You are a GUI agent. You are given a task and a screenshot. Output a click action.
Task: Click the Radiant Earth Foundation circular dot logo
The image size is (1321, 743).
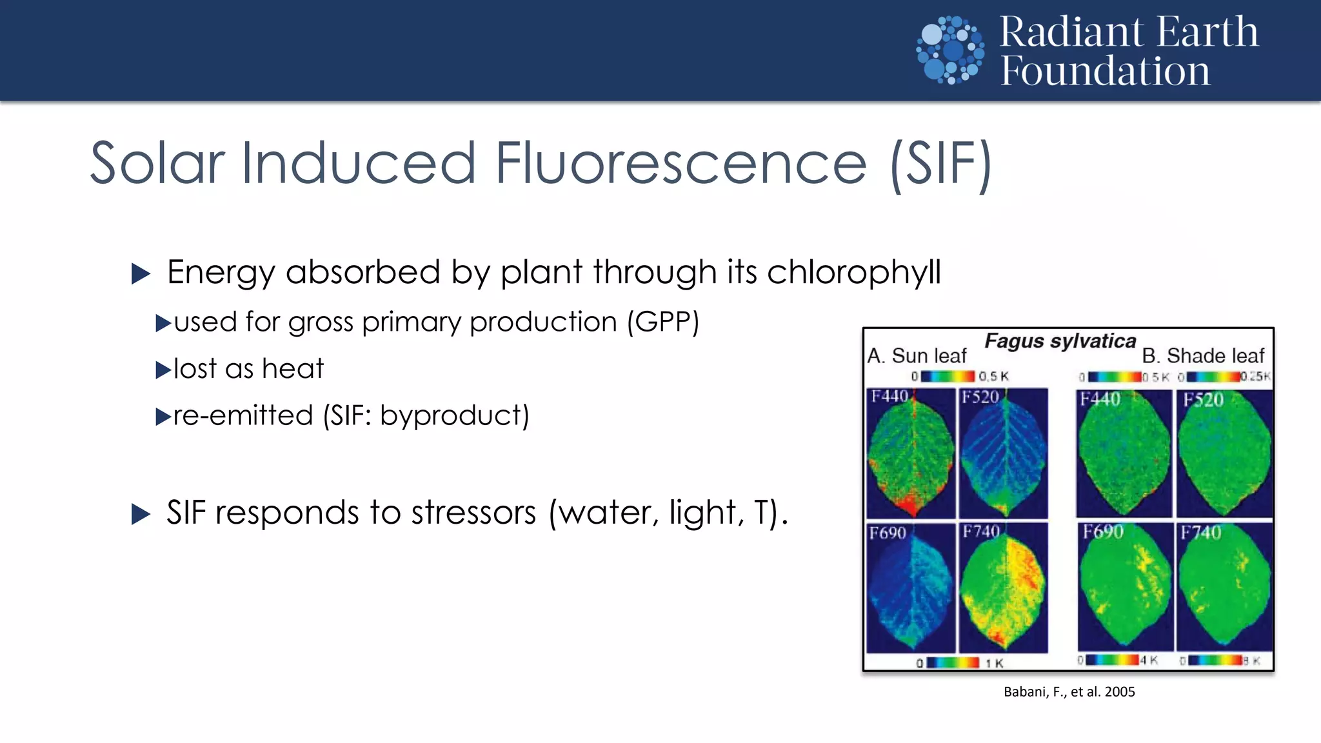click(950, 50)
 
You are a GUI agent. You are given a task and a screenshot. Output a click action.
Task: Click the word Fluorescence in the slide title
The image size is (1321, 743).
click(680, 163)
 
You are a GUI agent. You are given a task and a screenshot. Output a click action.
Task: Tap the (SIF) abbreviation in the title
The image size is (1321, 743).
click(940, 164)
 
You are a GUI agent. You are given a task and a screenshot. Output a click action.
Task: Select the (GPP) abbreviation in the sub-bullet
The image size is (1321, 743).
click(663, 322)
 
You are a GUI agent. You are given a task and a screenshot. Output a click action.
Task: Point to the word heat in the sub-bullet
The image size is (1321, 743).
click(293, 369)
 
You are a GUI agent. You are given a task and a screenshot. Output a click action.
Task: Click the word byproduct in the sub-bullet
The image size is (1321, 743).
click(454, 416)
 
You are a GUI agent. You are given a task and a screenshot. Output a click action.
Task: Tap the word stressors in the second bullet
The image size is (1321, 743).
click(473, 513)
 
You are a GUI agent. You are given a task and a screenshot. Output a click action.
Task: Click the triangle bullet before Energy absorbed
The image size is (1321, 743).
click(140, 273)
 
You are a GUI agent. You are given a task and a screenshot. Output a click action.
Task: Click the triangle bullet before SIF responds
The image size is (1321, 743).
click(140, 514)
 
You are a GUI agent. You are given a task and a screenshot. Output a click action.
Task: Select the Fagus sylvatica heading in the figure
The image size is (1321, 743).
click(1060, 341)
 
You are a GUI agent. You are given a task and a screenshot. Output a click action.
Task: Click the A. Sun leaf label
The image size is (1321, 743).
click(917, 355)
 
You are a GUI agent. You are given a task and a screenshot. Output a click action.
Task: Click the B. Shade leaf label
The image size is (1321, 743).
click(1203, 355)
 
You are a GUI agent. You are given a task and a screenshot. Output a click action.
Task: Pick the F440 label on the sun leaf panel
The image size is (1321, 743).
click(889, 396)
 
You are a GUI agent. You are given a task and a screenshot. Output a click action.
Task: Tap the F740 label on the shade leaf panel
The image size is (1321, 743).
click(1200, 533)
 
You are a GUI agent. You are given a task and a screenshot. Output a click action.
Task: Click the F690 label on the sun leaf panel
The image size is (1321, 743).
click(888, 533)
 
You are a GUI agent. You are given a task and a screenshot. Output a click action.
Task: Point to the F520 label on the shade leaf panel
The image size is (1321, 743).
click(1203, 400)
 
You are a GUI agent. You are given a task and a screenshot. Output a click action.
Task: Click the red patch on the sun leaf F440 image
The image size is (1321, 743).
click(911, 501)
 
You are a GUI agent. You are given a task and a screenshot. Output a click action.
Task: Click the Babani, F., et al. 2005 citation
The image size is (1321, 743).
click(1069, 692)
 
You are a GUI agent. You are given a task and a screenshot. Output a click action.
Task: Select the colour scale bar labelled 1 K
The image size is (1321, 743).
click(953, 662)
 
